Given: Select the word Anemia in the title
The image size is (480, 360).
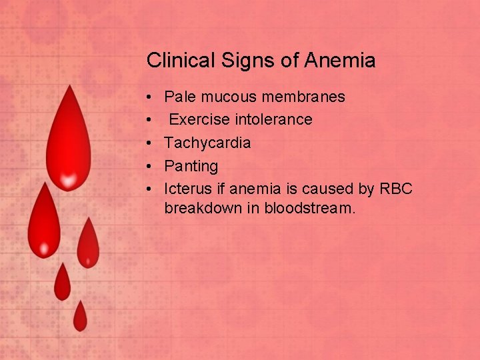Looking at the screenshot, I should pyautogui.click(x=339, y=61).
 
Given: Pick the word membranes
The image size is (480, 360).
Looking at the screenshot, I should pyautogui.click(x=303, y=97).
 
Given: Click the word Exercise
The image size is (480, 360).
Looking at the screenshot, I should pyautogui.click(x=196, y=119).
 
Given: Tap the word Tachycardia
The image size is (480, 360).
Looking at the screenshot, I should pyautogui.click(x=207, y=143).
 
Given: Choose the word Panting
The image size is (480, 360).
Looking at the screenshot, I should pyautogui.click(x=191, y=166).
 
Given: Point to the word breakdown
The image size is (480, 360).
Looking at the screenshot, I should pyautogui.click(x=203, y=207).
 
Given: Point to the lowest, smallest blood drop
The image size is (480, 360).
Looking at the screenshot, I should pyautogui.click(x=80, y=317).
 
